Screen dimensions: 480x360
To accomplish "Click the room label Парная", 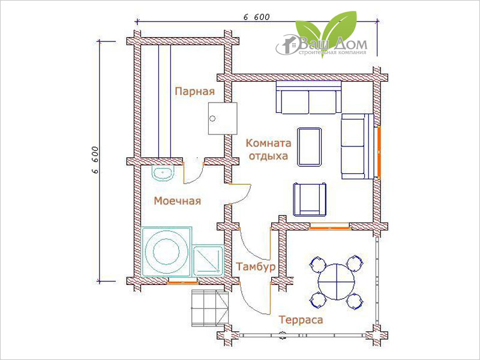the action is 194,91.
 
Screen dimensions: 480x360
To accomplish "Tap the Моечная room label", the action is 177,201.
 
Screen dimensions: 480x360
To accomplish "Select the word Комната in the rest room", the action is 268,143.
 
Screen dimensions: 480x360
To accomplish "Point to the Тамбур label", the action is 256,266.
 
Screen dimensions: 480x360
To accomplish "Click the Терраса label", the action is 301,320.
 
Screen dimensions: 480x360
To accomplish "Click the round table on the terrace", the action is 337,281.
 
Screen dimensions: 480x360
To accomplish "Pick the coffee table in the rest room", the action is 310,147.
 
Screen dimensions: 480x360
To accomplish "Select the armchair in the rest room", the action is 310,199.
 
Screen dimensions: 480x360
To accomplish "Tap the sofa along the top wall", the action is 308,97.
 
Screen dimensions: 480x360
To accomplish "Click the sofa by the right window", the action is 358,146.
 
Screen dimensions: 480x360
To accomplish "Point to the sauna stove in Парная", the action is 223,118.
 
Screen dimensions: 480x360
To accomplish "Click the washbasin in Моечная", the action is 163,173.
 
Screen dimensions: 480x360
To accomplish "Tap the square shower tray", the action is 208,260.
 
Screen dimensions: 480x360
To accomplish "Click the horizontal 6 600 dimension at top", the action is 257,21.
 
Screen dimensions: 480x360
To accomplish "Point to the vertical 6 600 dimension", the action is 98,161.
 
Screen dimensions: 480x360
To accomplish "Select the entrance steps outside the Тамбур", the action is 210,308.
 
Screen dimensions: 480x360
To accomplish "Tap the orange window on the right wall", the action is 379,152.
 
